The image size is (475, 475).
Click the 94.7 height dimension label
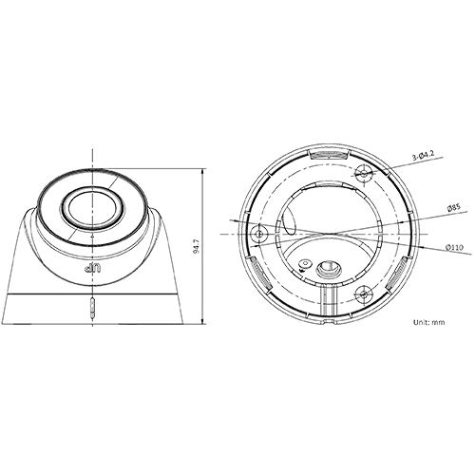pyautogui.click(x=197, y=248)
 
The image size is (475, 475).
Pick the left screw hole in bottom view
pyautogui.click(x=255, y=234)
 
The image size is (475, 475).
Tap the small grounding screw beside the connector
pyautogui.click(x=304, y=263)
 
